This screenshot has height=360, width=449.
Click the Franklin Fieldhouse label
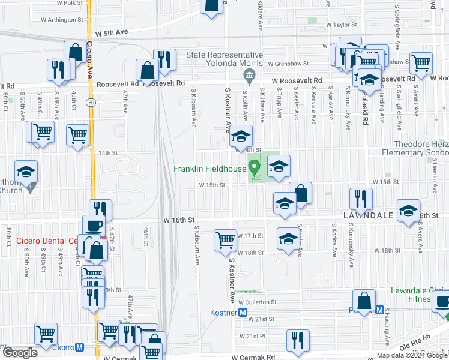pyautogui.click(x=209, y=169)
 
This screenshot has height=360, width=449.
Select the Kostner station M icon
pyautogui.click(x=243, y=312)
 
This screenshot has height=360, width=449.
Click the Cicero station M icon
pyautogui.click(x=80, y=347)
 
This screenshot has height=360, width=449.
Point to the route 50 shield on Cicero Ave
pyautogui.click(x=90, y=103)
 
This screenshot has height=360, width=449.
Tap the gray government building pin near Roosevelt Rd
pyautogui.click(x=247, y=75)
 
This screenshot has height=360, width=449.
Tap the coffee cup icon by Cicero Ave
pyautogui.click(x=92, y=226)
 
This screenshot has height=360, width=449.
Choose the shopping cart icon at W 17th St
pyautogui.click(x=225, y=240)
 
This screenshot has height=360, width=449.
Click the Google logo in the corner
pyautogui.click(x=20, y=353)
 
